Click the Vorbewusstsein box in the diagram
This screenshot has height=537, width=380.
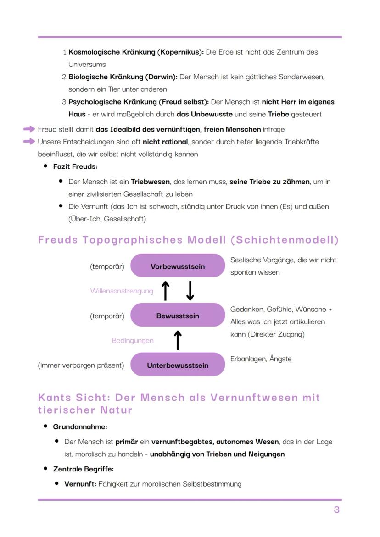(x=178, y=266)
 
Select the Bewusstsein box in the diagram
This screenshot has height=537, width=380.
(x=178, y=316)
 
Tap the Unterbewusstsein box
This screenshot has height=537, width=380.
(x=178, y=365)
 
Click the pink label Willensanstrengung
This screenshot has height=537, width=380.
(x=122, y=291)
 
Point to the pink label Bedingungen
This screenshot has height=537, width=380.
(x=133, y=340)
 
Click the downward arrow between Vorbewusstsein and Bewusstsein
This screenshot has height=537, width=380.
(x=190, y=291)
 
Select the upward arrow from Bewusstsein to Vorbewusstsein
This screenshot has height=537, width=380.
(x=166, y=291)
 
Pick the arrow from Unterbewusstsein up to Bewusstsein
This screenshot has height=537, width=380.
(x=178, y=340)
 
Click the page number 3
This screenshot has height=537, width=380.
(x=336, y=509)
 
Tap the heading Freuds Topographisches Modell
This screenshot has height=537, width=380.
(x=188, y=240)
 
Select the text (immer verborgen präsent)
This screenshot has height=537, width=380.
(x=81, y=365)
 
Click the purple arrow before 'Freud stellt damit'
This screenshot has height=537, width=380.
(x=29, y=129)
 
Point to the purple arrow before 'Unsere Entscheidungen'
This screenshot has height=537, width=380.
(x=29, y=142)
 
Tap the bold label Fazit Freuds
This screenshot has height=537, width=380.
(x=75, y=166)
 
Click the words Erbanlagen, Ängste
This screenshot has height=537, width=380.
(x=261, y=359)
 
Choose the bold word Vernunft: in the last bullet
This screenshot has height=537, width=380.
(x=80, y=484)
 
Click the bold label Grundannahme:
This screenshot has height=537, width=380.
(x=80, y=426)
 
